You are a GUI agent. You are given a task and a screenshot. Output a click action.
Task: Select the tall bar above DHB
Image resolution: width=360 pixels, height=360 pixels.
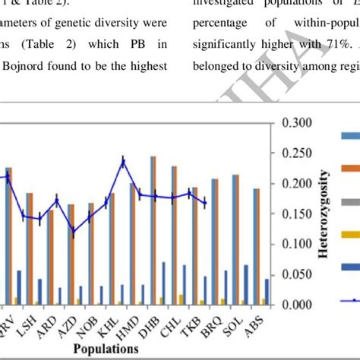coord(153,228)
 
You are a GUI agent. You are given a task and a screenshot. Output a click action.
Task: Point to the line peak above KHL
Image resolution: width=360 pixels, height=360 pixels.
coord(123,160)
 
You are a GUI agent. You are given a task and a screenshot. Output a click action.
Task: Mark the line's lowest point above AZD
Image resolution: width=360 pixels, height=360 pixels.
coord(73,232)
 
